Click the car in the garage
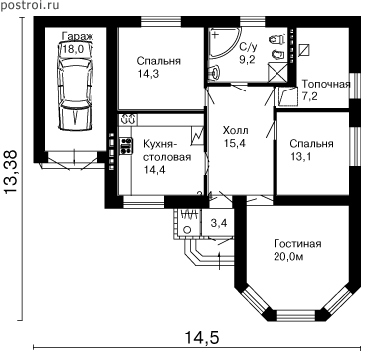click(75, 87)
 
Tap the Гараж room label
click(78, 36)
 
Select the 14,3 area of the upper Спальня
click(149, 74)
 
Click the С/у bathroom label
click(248, 46)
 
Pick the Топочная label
click(326, 84)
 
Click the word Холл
click(235, 131)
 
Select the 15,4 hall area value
click(236, 143)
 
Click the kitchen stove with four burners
click(126, 146)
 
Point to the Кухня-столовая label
click(167, 151)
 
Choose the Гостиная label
click(297, 244)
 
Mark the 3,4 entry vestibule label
click(219, 223)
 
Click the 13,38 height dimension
click(11, 171)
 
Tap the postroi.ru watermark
click(30, 5)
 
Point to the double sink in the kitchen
click(128, 119)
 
